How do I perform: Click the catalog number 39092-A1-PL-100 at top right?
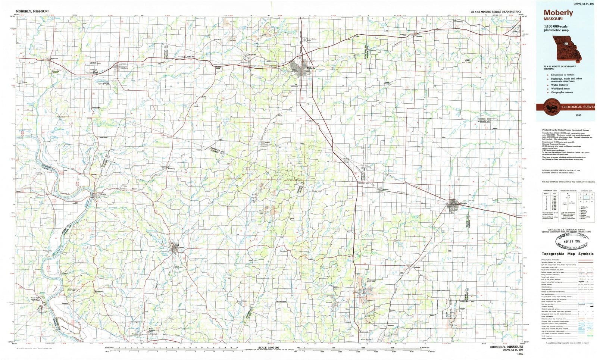click(583, 4)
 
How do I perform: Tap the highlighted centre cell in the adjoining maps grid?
click(586, 197)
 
